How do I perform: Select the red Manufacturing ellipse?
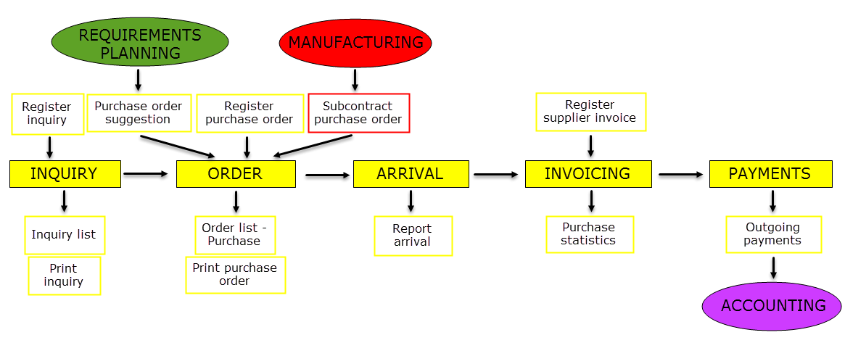(x=355, y=42)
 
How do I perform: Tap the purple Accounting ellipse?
(x=772, y=306)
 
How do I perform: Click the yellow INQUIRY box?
(x=64, y=174)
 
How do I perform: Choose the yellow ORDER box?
(x=235, y=174)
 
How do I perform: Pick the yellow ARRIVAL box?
(x=410, y=174)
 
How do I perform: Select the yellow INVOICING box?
(x=588, y=174)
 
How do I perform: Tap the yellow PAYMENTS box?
(x=770, y=174)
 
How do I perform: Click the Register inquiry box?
(x=48, y=114)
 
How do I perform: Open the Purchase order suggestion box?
(x=139, y=112)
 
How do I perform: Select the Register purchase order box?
(x=250, y=113)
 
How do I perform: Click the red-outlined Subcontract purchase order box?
(x=359, y=112)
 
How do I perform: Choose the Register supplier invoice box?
(x=590, y=112)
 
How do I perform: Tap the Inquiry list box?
(x=65, y=235)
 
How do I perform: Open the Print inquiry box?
(x=65, y=276)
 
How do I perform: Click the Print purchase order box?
(x=236, y=275)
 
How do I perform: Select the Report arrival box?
(x=413, y=236)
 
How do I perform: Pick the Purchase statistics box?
(x=590, y=234)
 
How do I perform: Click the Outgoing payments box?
(x=773, y=234)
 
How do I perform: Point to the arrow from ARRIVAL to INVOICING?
(x=497, y=175)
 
